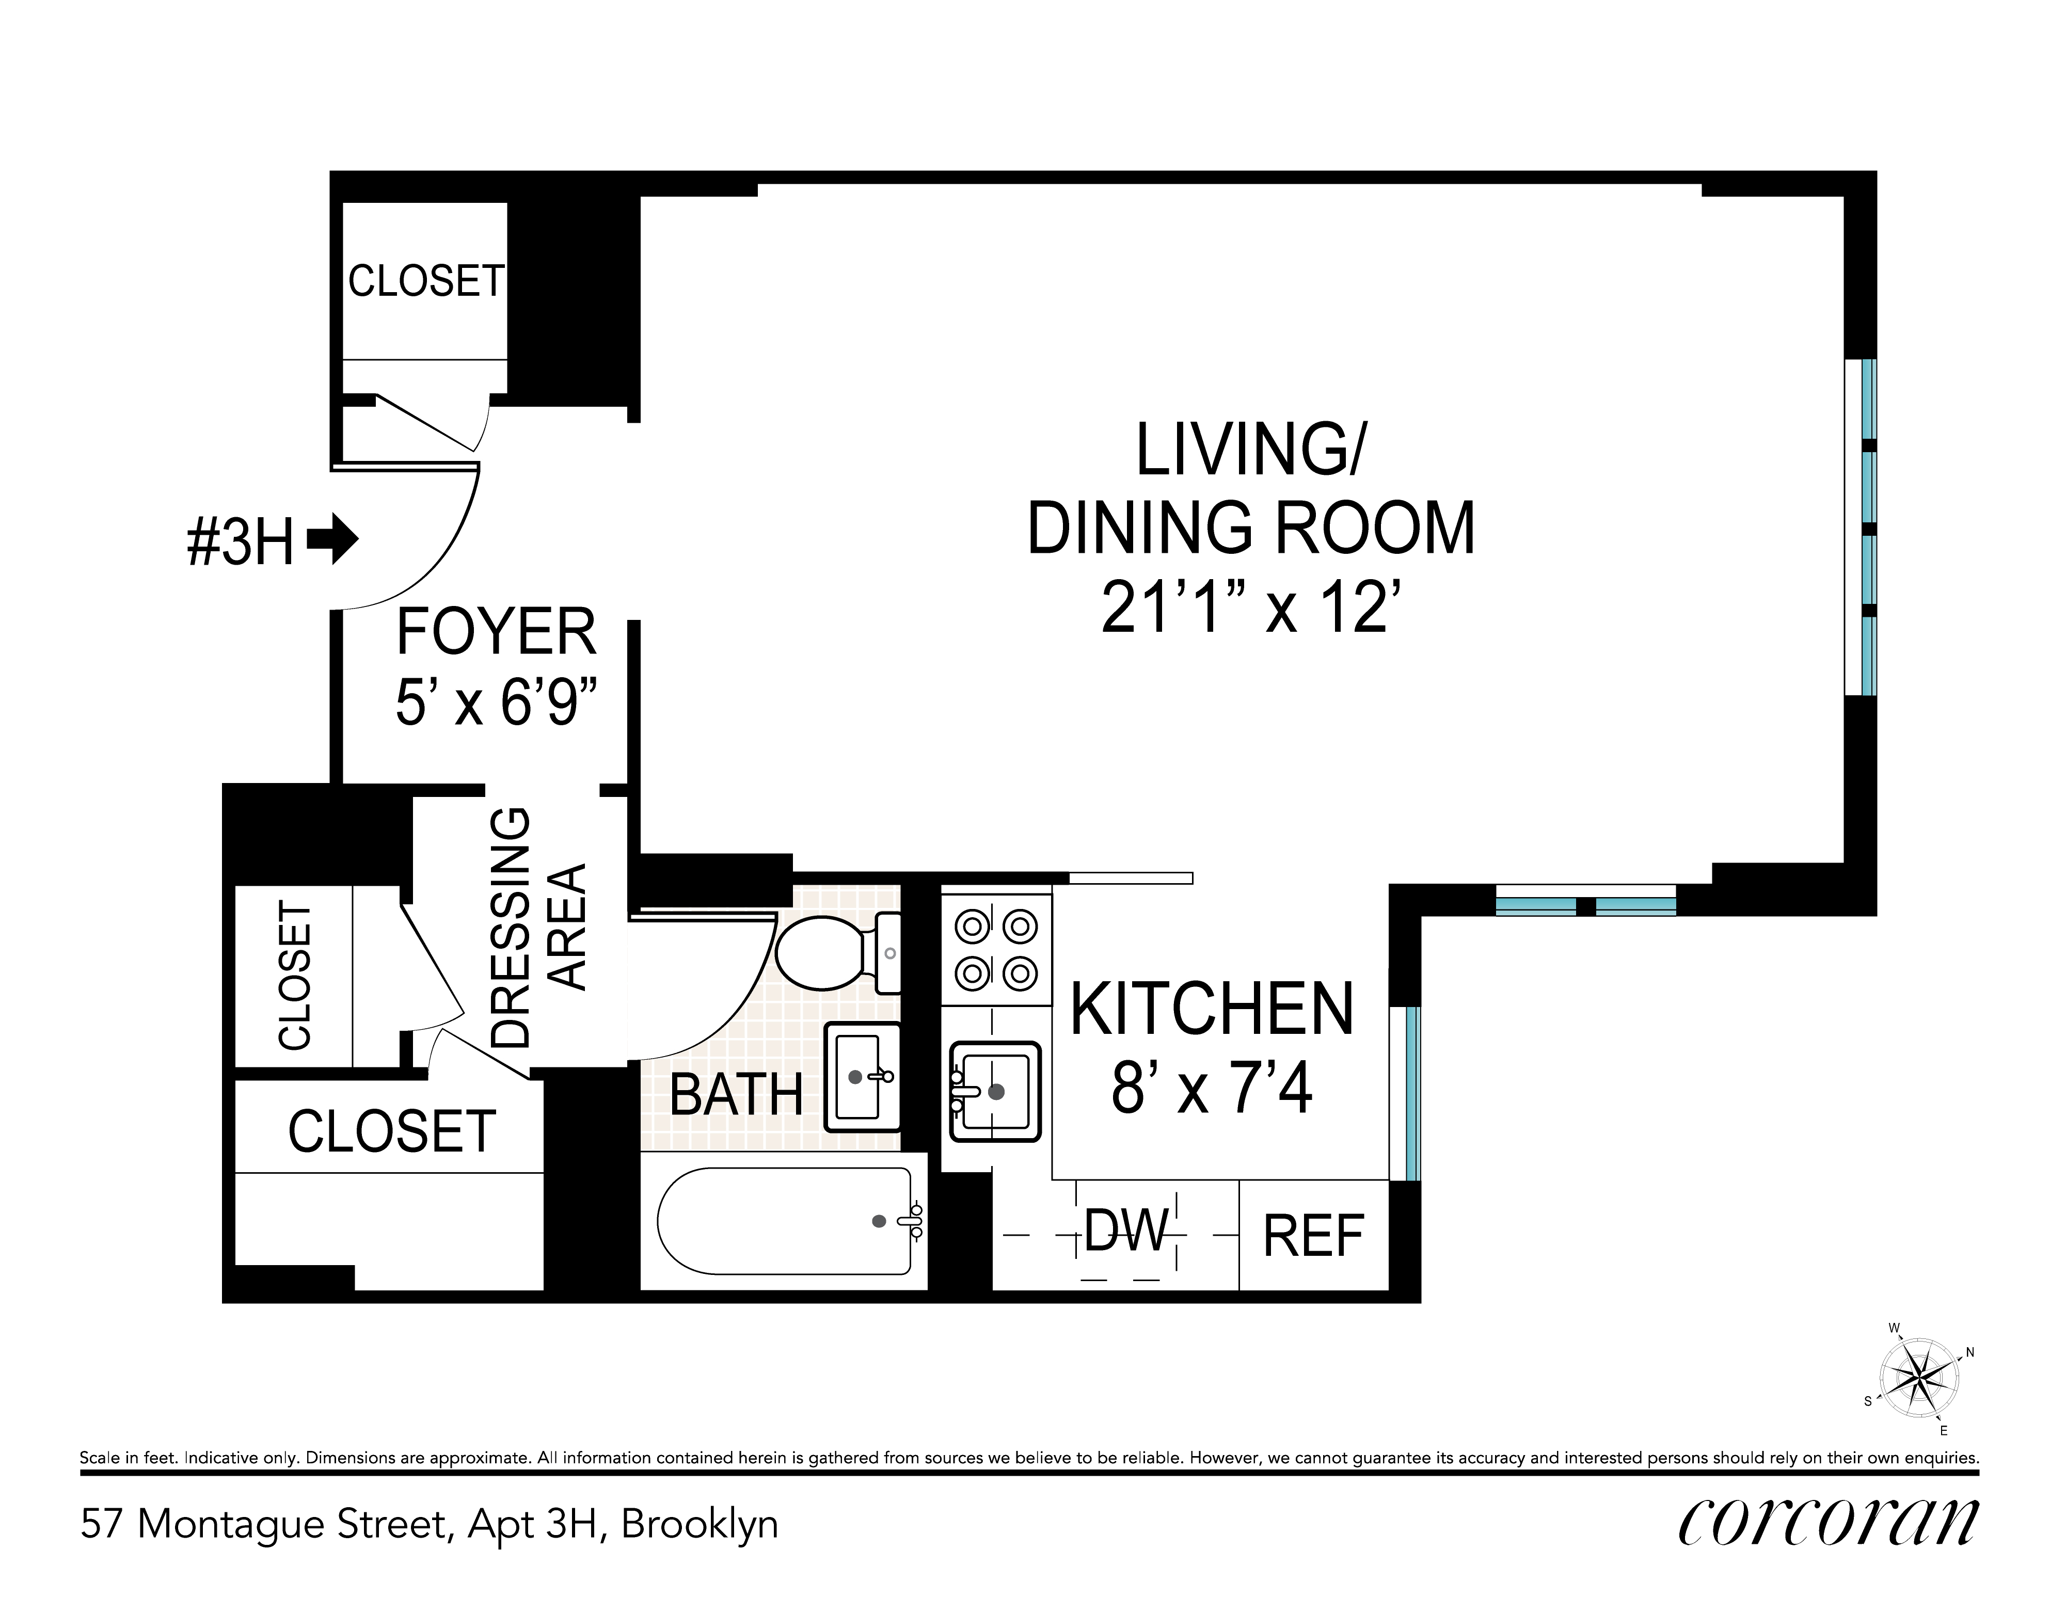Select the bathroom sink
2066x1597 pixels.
pyautogui.click(x=863, y=1077)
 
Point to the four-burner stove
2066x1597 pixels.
pyautogui.click(x=996, y=949)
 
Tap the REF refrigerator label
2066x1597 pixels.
pyautogui.click(x=1313, y=1236)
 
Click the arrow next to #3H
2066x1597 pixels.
pyautogui.click(x=333, y=541)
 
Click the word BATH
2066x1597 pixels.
pyautogui.click(x=736, y=1096)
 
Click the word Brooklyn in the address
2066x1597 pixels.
pyautogui.click(x=699, y=1524)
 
